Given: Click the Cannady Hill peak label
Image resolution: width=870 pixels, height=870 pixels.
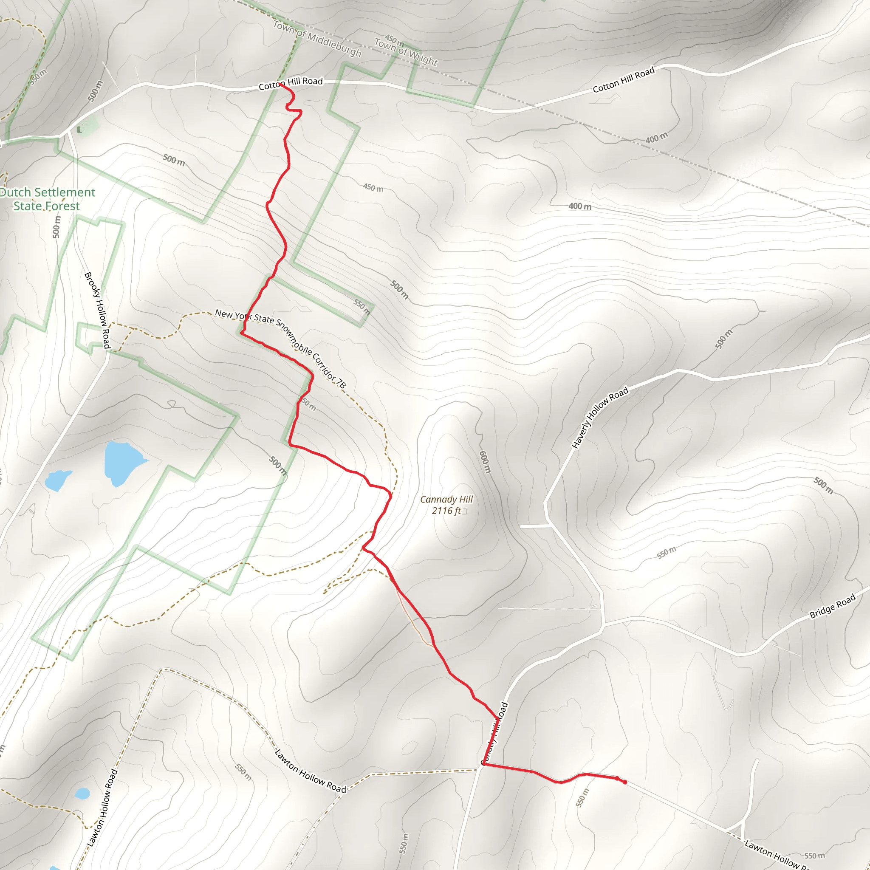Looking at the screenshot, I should point(446,500).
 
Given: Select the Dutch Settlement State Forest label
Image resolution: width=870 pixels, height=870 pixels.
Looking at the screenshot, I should point(47,199).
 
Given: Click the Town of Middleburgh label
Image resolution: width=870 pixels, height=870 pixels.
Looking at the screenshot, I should point(317,39).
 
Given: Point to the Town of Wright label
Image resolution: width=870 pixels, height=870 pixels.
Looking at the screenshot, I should point(406,52).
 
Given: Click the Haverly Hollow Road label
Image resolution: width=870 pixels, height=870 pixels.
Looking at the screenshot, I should point(600,418).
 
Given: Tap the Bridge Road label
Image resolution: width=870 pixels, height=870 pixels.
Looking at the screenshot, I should point(832,607).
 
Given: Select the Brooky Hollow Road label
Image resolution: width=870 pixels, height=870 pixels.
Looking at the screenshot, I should point(98,310).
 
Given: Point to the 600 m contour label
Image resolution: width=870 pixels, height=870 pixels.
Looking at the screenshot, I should point(485,462).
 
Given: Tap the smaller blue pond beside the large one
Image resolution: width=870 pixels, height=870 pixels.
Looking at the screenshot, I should point(57,480).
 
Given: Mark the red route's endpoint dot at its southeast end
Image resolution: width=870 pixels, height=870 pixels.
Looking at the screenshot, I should point(624,782).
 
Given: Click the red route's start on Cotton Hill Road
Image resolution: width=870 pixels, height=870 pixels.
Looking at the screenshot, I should point(280,84).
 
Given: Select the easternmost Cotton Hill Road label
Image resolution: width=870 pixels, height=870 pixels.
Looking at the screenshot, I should point(623,80).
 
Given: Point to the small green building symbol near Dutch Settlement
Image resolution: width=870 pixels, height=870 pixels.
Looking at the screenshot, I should point(79,130).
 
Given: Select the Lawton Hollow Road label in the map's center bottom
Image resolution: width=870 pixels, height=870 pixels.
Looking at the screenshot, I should point(310,771).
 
